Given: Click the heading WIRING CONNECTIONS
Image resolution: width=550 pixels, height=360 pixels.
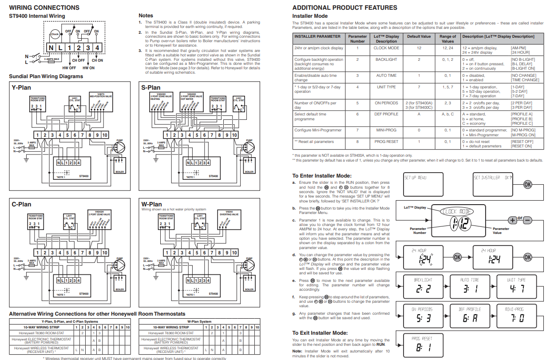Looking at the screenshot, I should tap(44, 8).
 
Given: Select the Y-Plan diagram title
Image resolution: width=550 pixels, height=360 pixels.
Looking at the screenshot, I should tap(21, 88).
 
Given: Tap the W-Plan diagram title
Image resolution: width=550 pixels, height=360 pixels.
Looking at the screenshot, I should tap(151, 204).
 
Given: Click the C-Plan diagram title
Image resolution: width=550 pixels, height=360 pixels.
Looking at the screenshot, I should tap(21, 204).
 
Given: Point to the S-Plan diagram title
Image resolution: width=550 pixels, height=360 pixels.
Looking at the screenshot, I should tap(151, 88).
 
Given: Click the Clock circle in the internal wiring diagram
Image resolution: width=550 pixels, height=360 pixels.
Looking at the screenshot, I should tap(55, 34).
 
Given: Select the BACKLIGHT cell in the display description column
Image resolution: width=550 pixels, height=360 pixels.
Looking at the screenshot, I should tap(386, 59).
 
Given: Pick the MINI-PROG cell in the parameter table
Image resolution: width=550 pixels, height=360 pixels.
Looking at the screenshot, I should tap(386, 131).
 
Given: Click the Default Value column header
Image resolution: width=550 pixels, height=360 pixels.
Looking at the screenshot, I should tap(419, 36).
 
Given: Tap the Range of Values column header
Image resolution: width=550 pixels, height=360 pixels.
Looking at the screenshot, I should tap(447, 39).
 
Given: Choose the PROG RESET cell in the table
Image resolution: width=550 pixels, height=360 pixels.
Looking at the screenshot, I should tap(386, 142).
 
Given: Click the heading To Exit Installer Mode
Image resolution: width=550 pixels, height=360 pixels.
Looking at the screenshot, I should tap(320, 333).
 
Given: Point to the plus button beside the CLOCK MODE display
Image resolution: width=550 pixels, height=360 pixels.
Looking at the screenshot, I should tap(512, 219).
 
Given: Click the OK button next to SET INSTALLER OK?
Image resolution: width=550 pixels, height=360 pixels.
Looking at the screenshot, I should tap(527, 184).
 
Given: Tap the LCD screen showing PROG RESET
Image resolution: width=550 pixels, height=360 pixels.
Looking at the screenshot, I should tap(423, 345).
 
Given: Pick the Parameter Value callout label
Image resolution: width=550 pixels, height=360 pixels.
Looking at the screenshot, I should tap(501, 231).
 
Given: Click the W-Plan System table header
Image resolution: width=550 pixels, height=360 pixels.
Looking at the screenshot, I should tap(199, 321).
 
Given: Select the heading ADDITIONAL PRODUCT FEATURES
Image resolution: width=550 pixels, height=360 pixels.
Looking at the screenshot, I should tap(345, 8).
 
